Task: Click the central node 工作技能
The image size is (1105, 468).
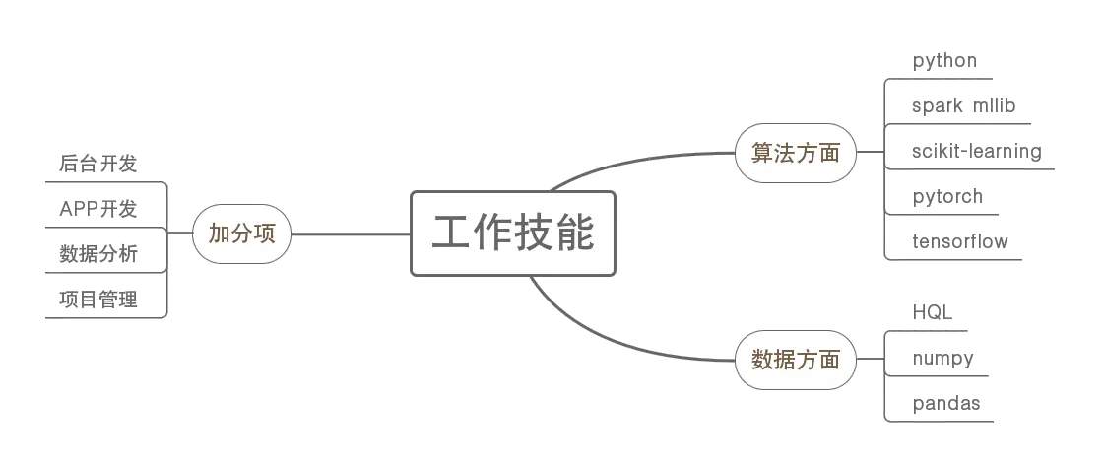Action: point(513,234)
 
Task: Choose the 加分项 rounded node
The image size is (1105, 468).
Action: point(242,234)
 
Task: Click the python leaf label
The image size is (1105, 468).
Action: point(945,61)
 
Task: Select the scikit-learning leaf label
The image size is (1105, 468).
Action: point(976,151)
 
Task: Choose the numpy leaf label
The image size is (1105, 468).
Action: point(944,358)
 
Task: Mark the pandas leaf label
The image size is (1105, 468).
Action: point(947,403)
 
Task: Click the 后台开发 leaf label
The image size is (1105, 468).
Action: point(98,164)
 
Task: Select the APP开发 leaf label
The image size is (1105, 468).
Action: point(98,209)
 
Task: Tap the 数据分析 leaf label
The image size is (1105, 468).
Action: point(98,255)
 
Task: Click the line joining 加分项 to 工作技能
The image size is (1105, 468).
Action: point(350,234)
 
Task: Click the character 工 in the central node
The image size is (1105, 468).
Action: point(452,234)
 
